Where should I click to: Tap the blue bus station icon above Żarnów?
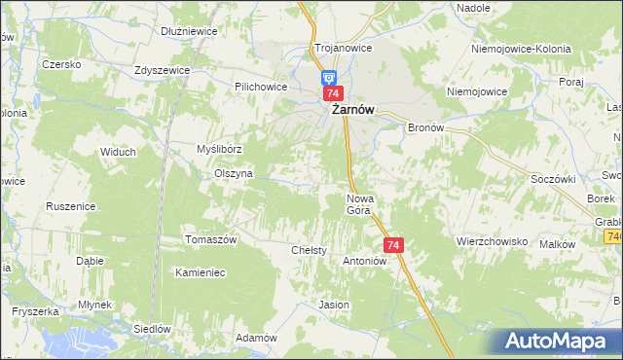pyautogui.click(x=329, y=77)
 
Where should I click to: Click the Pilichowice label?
pyautogui.click(x=260, y=87)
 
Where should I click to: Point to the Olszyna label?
pyautogui.click(x=234, y=173)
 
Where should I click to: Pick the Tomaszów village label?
pyautogui.click(x=211, y=239)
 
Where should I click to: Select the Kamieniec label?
pyautogui.click(x=200, y=272)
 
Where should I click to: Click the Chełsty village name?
pyautogui.click(x=309, y=251)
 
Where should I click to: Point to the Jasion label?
pyautogui.click(x=334, y=305)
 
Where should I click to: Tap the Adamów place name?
pyautogui.click(x=257, y=338)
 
